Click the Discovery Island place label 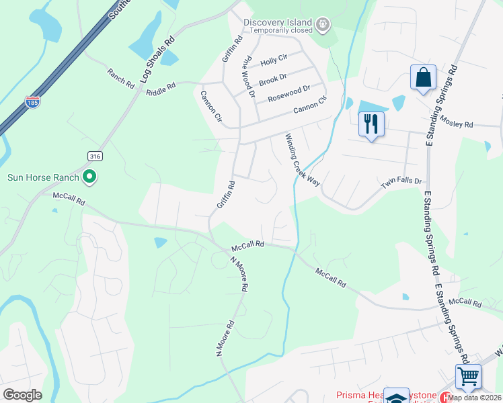pos(278,22)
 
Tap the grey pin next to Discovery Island pos(323,26)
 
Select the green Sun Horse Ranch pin pos(89,178)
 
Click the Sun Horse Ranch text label pos(42,178)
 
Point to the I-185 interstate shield pos(32,102)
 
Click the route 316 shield pos(94,155)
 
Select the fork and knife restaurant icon pos(371,124)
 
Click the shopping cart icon pos(468,376)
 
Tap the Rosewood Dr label pos(288,93)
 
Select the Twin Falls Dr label pos(401,182)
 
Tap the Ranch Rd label pos(120,77)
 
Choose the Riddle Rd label pos(161,87)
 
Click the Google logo pos(22,395)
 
